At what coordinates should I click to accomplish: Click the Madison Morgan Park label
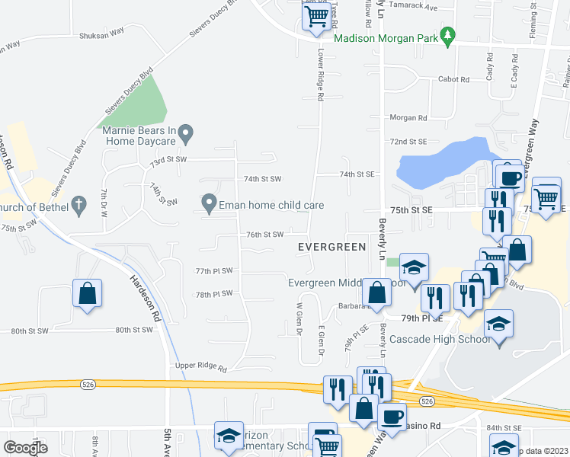tap(387, 37)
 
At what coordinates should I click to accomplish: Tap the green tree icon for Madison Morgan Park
tap(450, 35)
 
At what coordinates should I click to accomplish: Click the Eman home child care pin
tap(208, 204)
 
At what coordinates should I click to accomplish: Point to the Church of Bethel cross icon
tap(77, 204)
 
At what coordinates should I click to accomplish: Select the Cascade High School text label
tap(440, 339)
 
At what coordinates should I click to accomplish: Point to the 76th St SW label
tap(265, 235)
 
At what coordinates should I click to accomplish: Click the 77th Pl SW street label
tap(213, 270)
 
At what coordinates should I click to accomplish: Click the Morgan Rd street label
tap(408, 118)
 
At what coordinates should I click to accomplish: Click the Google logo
tap(25, 448)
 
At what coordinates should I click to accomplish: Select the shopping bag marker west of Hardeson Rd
tap(88, 293)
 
